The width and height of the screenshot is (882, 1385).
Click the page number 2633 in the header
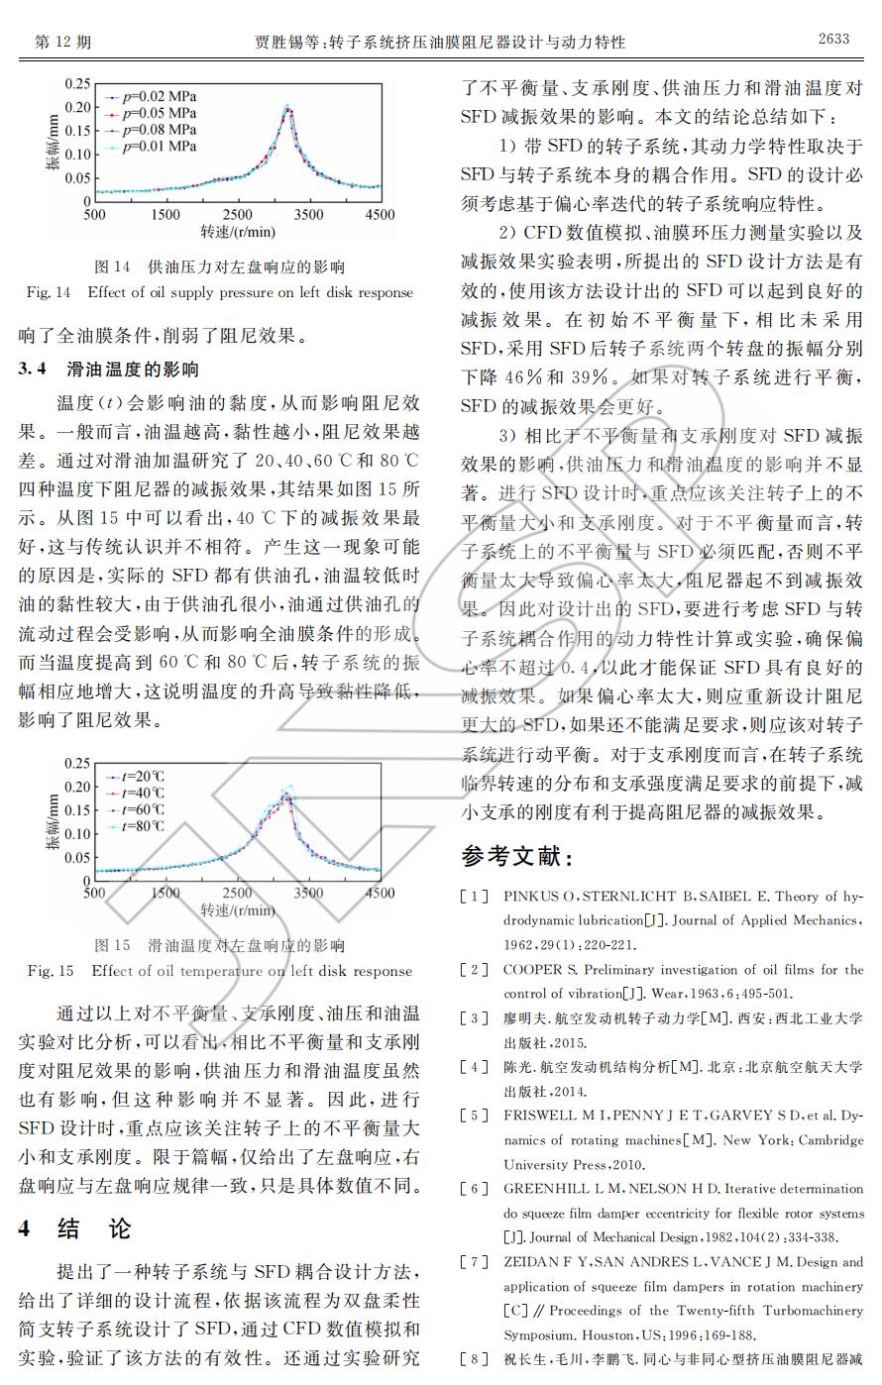click(x=833, y=39)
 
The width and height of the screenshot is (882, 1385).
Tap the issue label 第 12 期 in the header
click(x=62, y=42)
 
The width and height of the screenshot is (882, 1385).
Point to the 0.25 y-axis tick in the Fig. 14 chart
click(x=76, y=83)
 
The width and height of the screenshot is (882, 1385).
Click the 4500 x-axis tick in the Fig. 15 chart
click(x=380, y=894)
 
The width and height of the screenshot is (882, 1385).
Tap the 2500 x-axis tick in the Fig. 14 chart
click(x=237, y=214)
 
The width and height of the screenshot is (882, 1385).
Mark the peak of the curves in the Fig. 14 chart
click(x=287, y=106)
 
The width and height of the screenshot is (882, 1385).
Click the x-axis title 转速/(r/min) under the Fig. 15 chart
click(x=238, y=910)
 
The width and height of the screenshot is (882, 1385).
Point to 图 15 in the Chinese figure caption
click(x=112, y=945)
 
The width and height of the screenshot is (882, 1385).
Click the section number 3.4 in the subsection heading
click(x=33, y=370)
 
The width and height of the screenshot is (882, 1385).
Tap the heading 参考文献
click(x=516, y=856)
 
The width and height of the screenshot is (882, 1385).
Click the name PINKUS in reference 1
click(x=533, y=897)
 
